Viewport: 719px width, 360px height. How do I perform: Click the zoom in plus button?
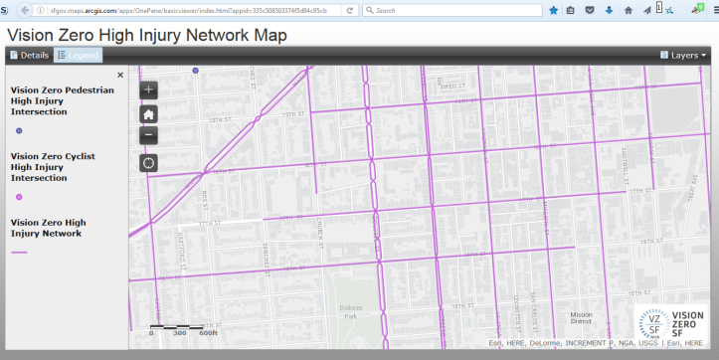(x=149, y=90)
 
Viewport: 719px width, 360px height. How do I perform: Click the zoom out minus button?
(x=149, y=134)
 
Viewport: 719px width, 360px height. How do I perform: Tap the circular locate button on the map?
(x=149, y=162)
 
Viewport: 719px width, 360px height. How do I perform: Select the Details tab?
(x=29, y=56)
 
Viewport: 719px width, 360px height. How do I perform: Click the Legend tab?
(x=78, y=56)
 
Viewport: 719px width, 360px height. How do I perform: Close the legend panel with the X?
(x=120, y=75)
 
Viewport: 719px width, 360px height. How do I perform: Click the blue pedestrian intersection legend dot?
(x=19, y=130)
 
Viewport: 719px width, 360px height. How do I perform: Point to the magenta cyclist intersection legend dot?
(x=19, y=197)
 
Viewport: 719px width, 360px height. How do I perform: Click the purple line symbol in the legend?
(x=19, y=253)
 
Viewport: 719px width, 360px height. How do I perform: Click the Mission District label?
(x=574, y=318)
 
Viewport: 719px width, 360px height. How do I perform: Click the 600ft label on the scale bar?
(x=208, y=333)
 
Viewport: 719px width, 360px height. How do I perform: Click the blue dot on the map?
(x=196, y=71)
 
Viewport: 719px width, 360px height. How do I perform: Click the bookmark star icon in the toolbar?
(x=553, y=10)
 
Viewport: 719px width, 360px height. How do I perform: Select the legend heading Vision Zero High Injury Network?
(x=46, y=227)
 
